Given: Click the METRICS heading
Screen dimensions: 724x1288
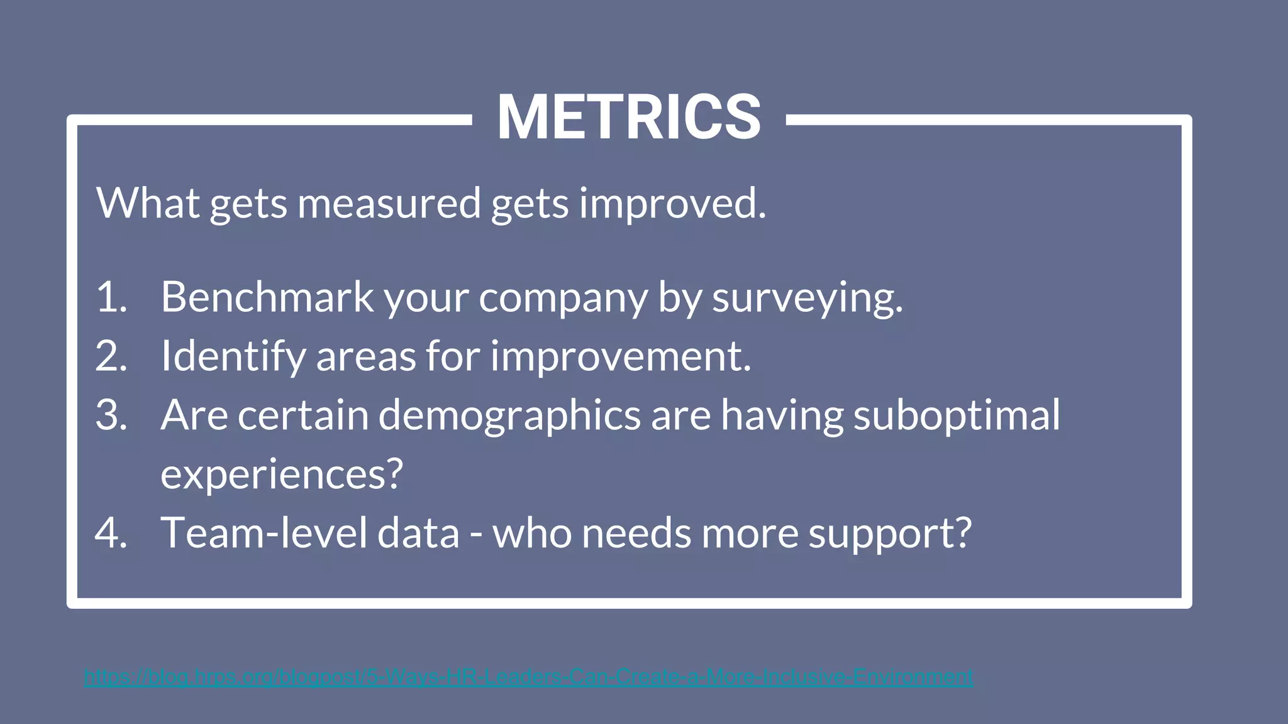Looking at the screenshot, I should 629,118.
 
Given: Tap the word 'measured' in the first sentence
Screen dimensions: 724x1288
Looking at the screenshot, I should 389,204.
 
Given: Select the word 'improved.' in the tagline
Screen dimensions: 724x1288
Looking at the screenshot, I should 672,204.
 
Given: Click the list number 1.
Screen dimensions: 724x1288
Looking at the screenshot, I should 111,297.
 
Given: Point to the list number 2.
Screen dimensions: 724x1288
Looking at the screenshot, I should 111,356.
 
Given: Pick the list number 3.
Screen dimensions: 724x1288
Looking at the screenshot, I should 111,415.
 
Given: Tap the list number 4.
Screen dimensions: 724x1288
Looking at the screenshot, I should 111,533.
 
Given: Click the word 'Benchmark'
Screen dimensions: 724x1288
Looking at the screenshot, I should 267,297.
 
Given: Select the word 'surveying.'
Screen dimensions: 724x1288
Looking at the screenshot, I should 807,298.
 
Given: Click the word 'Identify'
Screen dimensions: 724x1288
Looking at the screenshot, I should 233,356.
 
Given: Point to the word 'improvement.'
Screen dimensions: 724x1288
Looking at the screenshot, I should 621,356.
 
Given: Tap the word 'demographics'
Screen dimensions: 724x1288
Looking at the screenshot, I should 509,416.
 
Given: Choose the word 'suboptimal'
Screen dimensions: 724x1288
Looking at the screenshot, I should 956,416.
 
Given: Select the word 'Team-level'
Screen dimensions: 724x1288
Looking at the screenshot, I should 264,533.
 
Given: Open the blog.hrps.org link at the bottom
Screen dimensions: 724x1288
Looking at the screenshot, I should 528,677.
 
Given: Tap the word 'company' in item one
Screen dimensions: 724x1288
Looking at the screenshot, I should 563,298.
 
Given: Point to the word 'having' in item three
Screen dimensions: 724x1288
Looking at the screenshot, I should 782,416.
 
